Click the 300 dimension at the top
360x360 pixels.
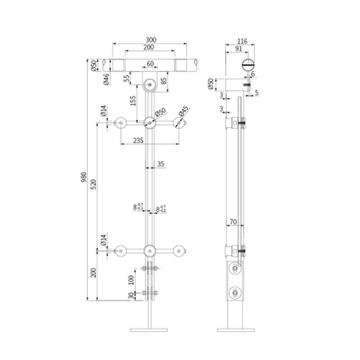coord(152,38)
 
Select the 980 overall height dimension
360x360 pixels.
coord(85,178)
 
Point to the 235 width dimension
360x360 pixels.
coord(137,139)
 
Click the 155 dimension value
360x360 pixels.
coord(132,100)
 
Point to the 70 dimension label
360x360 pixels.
coord(235,223)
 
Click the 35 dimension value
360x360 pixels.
coord(160,163)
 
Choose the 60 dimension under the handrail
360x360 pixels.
coord(151,64)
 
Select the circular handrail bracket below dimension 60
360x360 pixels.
coord(151,85)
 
